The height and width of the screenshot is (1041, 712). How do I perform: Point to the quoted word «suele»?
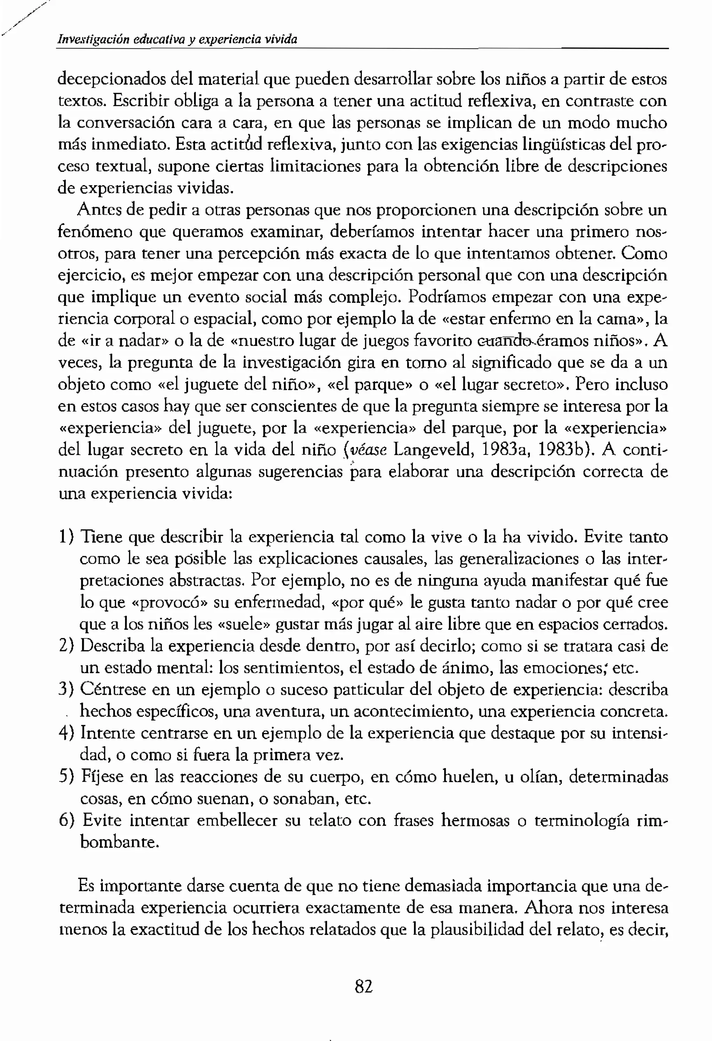[x=237, y=624]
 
